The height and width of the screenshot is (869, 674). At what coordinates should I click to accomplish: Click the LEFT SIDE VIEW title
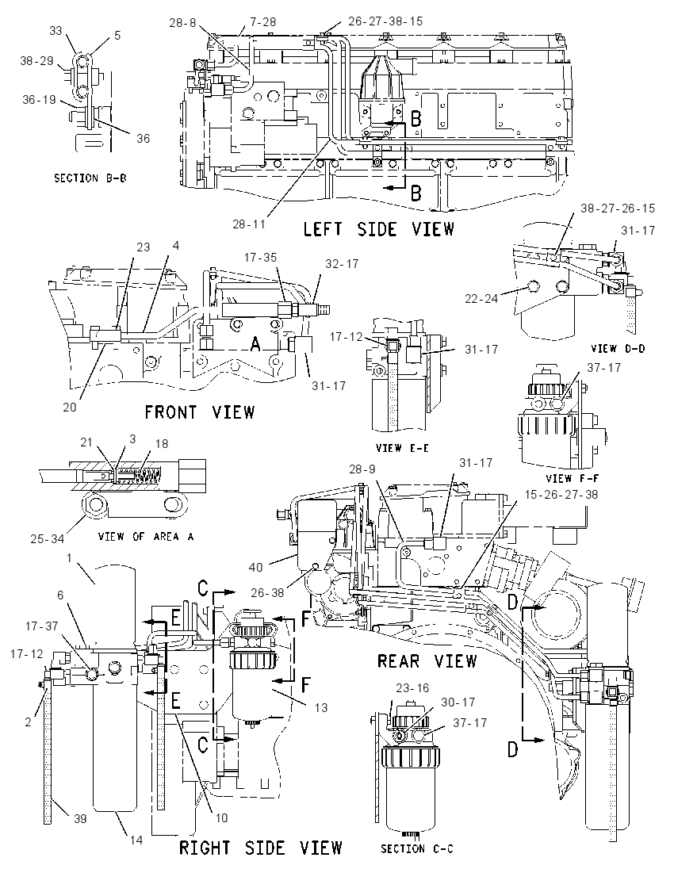[378, 229]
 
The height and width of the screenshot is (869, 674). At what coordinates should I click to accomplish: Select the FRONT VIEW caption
[200, 412]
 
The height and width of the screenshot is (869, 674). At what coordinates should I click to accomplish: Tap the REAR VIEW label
[427, 660]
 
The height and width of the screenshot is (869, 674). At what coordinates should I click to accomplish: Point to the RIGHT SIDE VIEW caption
[261, 848]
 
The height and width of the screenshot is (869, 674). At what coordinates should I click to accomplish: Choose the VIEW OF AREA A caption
[147, 537]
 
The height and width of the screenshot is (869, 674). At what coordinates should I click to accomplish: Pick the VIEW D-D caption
[618, 349]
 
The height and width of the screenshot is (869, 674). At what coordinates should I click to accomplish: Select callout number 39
[80, 818]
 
